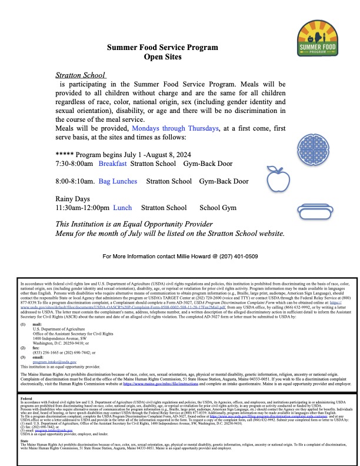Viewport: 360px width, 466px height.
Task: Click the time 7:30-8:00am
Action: coord(75,162)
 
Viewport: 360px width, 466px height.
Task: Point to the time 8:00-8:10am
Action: coord(75,182)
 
